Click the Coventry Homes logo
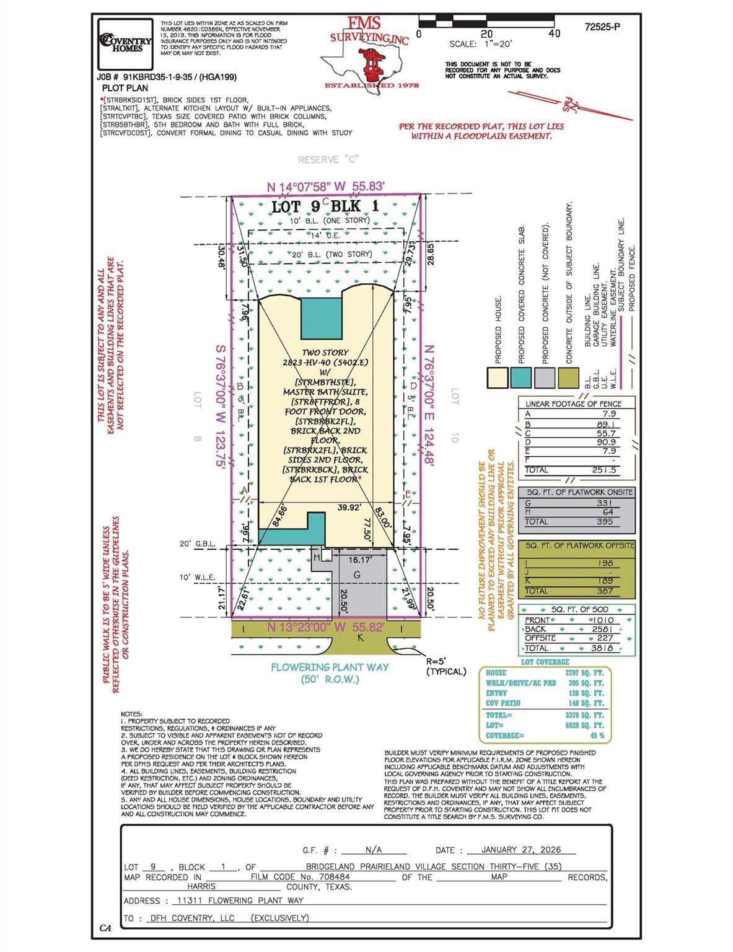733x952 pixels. coord(126,42)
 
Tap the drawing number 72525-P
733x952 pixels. coord(602,27)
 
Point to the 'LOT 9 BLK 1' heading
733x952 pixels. coord(325,206)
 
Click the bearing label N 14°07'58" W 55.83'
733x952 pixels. coord(326,187)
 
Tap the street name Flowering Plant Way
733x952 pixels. coord(330,667)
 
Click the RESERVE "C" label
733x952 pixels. coord(328,160)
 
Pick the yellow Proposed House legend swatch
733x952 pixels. coord(498,377)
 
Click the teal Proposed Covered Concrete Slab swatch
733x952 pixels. coord(520,377)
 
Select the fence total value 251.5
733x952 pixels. coord(604,470)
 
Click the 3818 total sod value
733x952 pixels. coord(601,648)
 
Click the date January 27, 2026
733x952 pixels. coord(521,850)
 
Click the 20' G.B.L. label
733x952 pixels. coord(197,544)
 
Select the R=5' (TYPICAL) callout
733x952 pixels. coord(446,667)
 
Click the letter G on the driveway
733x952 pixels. coord(356,575)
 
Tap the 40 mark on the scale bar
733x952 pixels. coord(554,33)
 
